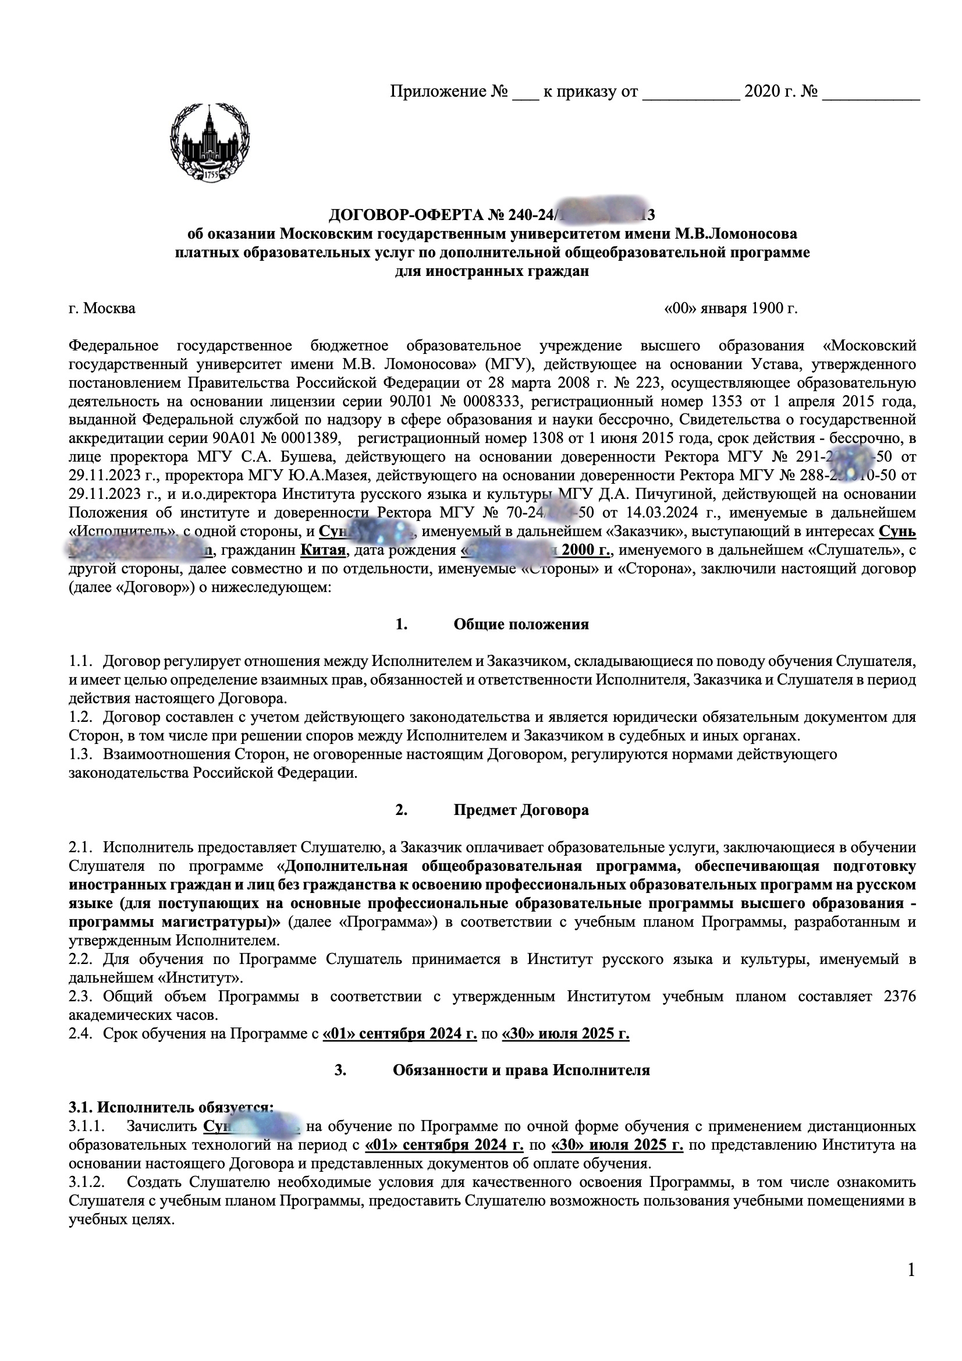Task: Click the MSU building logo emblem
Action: [x=210, y=143]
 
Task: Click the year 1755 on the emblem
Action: [x=211, y=176]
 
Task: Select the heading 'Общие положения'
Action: [x=521, y=624]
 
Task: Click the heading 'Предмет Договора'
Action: [x=521, y=810]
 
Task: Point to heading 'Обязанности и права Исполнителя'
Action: [x=521, y=1070]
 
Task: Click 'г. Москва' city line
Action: [x=102, y=309]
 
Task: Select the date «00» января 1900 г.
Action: [x=731, y=309]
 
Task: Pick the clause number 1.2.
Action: [x=81, y=718]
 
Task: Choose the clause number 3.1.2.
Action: [x=87, y=1182]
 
